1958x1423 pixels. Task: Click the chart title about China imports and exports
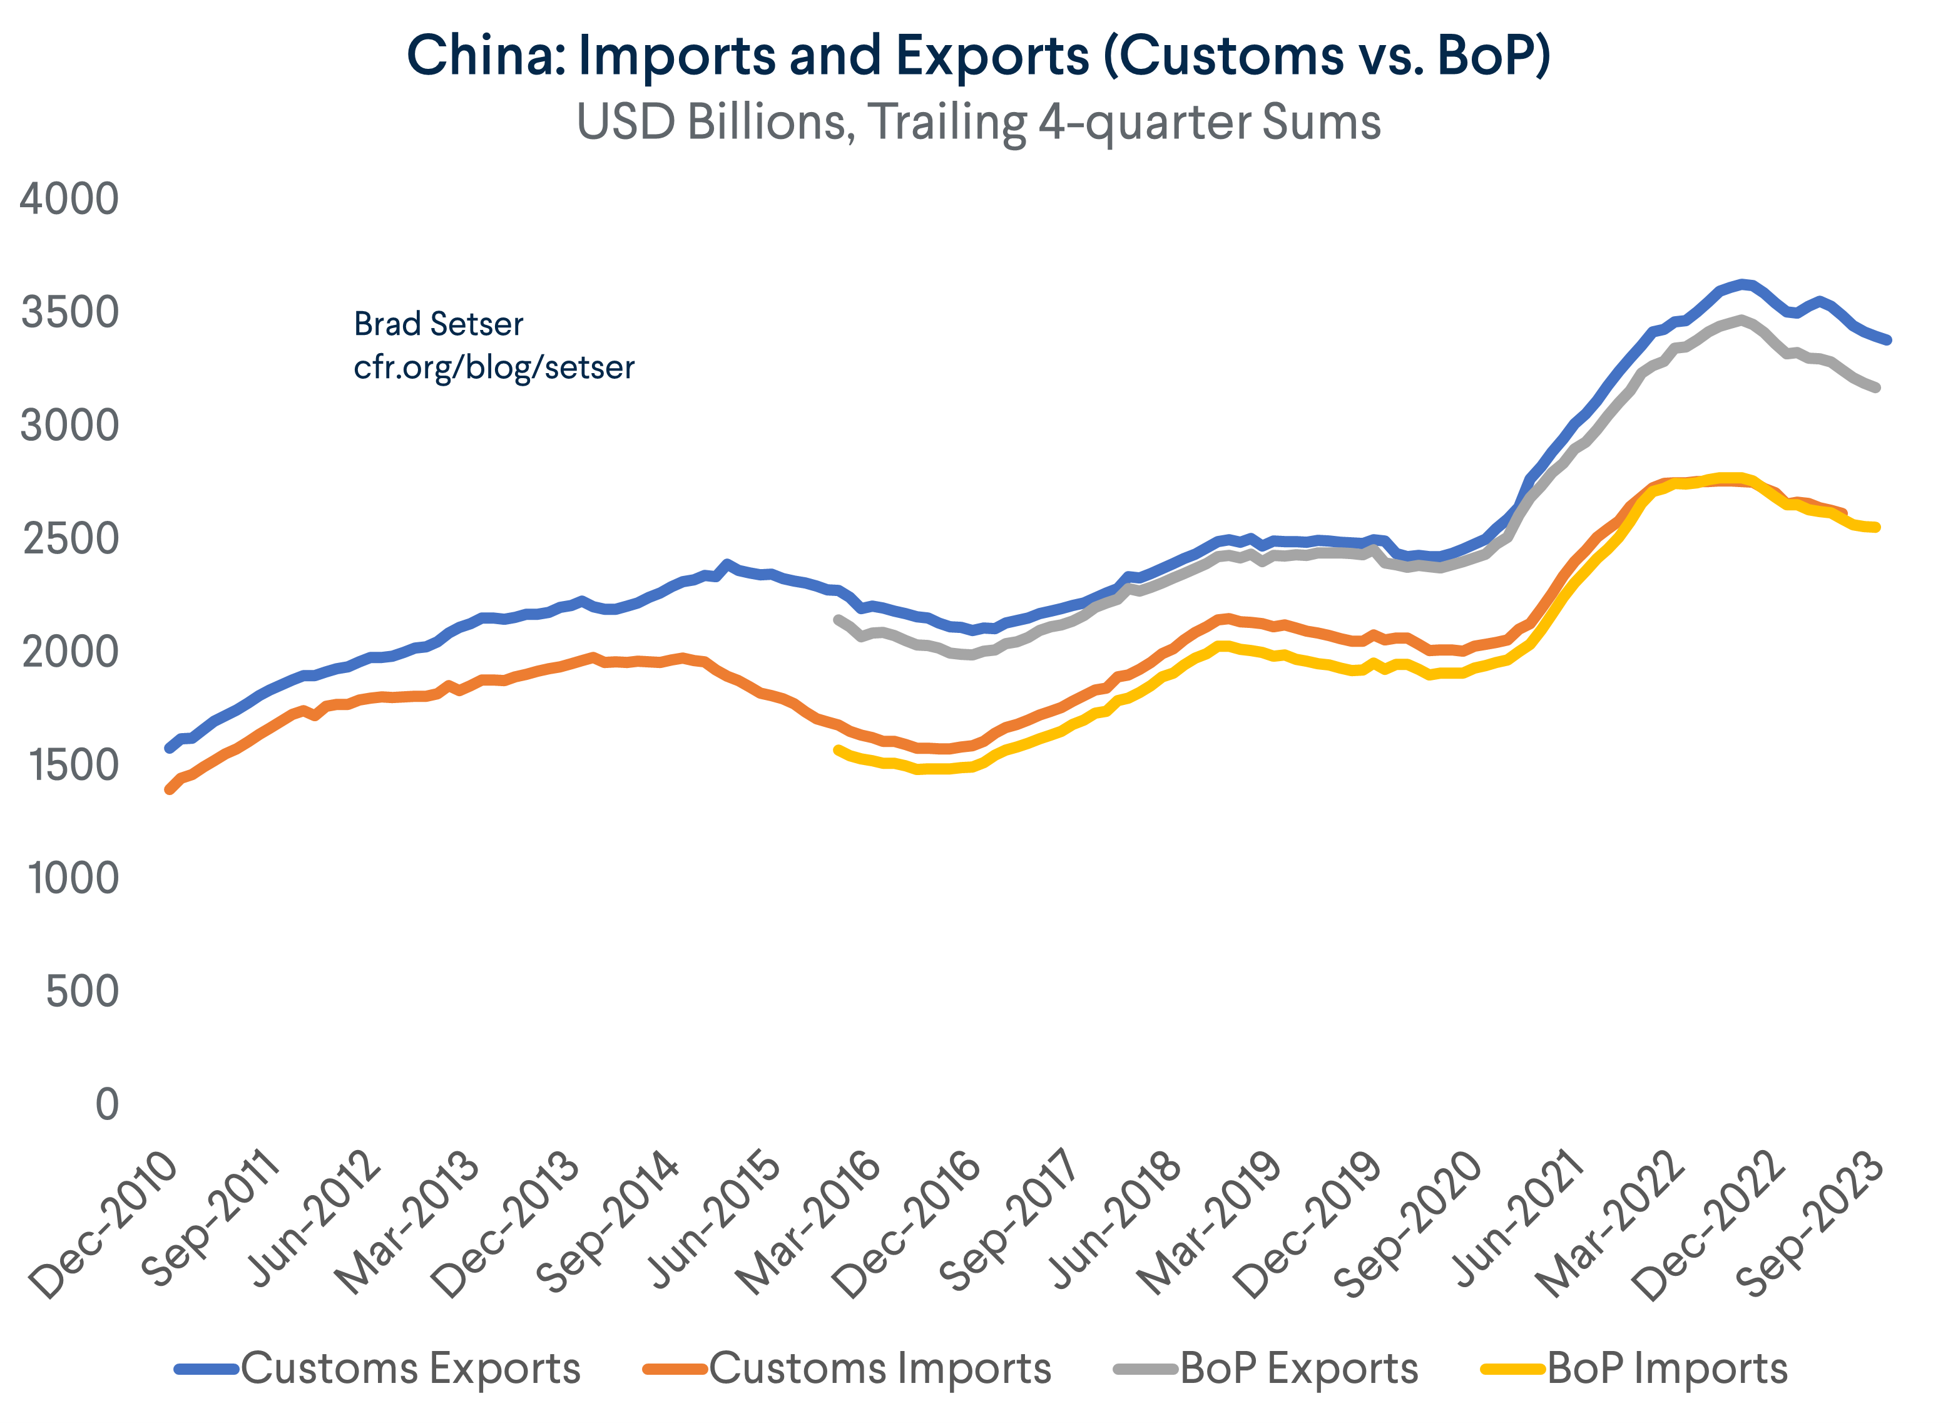[x=978, y=55]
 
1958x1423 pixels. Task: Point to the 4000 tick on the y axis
[x=69, y=200]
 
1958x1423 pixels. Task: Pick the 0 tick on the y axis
[x=106, y=1105]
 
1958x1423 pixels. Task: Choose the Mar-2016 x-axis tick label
[x=810, y=1225]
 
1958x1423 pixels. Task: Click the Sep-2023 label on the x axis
[x=1811, y=1225]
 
